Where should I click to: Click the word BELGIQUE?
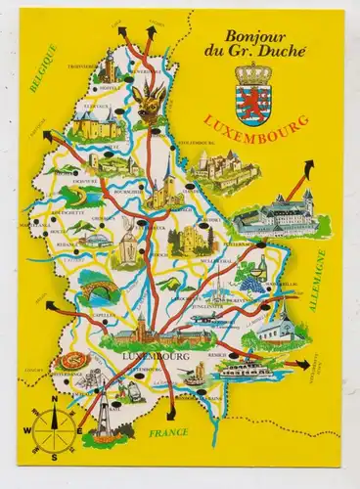pos(43,71)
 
